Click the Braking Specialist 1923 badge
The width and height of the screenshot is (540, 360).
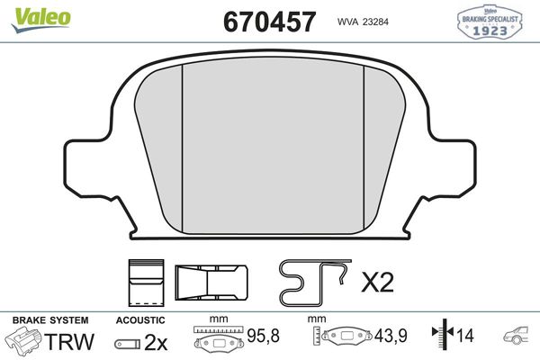[492, 21]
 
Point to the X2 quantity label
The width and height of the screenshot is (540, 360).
[377, 283]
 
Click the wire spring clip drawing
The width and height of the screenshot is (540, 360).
[315, 282]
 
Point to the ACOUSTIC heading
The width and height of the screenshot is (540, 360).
[140, 320]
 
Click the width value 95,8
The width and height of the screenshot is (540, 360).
[264, 338]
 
